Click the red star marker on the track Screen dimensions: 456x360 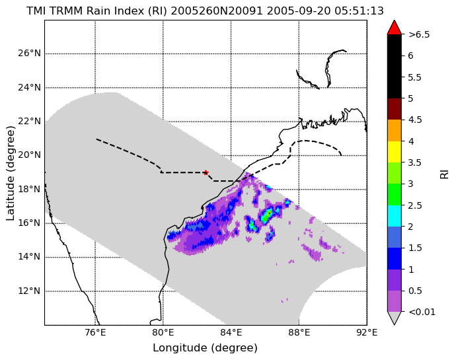pyautogui.click(x=206, y=172)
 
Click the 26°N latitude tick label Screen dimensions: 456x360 pyautogui.click(x=29, y=54)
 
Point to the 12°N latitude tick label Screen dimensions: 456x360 pyautogui.click(x=29, y=291)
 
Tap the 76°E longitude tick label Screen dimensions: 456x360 pyautogui.click(x=95, y=332)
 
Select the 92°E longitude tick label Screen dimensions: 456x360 pyautogui.click(x=367, y=332)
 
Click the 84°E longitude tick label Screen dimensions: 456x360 pyautogui.click(x=231, y=332)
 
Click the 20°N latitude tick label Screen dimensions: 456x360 pyautogui.click(x=29, y=155)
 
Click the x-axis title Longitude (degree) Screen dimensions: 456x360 pyautogui.click(x=206, y=348)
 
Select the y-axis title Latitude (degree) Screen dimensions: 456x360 pyautogui.click(x=10, y=173)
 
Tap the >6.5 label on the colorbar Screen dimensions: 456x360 pyautogui.click(x=419, y=34)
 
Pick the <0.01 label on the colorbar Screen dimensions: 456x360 pyautogui.click(x=422, y=312)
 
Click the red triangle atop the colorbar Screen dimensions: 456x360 pyautogui.click(x=395, y=28)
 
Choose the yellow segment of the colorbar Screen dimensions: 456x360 pyautogui.click(x=395, y=152)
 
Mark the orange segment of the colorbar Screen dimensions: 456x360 pyautogui.click(x=395, y=131)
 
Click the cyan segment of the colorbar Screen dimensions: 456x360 pyautogui.click(x=395, y=216)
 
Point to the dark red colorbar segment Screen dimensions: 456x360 pyautogui.click(x=395, y=109)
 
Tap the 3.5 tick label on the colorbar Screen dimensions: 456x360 pyautogui.click(x=415, y=162)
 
